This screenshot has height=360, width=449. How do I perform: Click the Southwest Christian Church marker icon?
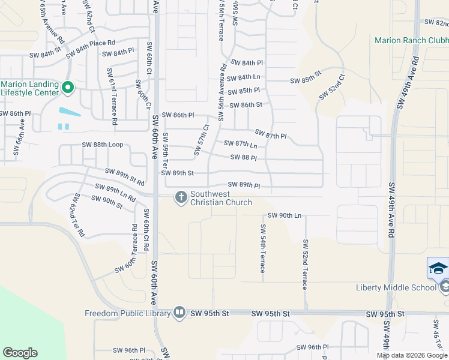pos(180,197)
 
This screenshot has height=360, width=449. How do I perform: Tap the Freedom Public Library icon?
pos(179,313)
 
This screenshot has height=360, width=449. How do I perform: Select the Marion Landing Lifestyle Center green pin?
pos(67,88)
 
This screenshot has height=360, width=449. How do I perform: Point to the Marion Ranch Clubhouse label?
pos(411,41)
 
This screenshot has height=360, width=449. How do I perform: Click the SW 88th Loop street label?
pos(103,145)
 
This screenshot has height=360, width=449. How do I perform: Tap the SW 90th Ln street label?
pos(283,215)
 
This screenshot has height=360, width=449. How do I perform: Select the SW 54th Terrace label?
pos(262,248)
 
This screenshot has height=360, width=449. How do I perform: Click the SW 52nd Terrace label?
pos(305,265)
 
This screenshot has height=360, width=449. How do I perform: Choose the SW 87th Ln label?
pos(240,144)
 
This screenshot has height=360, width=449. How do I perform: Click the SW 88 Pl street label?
pos(244,158)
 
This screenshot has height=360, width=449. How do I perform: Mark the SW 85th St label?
pos(306,80)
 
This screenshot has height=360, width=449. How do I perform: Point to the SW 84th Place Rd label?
pos(90,47)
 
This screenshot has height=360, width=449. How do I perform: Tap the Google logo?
pos(20,353)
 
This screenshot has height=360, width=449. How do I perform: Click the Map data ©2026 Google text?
pos(412,355)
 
